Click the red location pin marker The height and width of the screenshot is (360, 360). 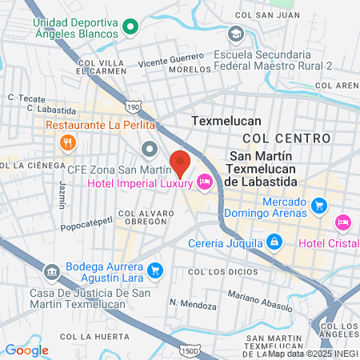click(179, 162)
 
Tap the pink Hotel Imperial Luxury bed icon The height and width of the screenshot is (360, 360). click(205, 183)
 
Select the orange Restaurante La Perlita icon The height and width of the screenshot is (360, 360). click(68, 143)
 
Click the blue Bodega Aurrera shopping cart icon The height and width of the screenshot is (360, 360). click(155, 270)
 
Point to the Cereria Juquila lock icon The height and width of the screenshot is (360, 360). click(274, 241)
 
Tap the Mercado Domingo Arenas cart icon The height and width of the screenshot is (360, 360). click(319, 206)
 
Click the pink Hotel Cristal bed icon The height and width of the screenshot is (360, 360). click(343, 221)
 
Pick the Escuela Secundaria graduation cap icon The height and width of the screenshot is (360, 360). click(236, 34)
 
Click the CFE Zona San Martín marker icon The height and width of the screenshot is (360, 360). click(150, 150)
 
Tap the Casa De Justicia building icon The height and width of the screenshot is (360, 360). click(52, 272)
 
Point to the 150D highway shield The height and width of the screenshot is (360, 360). click(190, 350)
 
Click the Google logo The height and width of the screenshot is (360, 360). click(27, 350)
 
